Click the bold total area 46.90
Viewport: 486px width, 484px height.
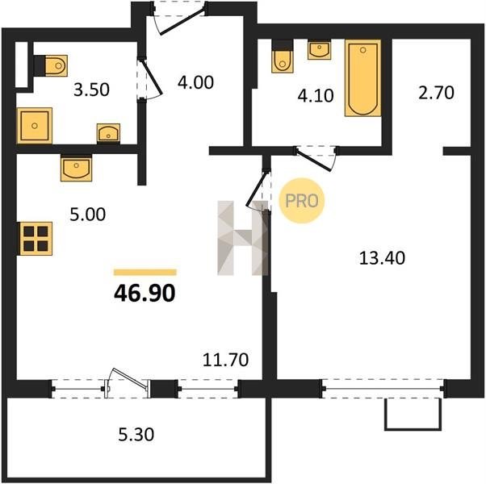[145, 294]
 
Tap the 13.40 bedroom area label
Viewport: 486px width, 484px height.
[382, 258]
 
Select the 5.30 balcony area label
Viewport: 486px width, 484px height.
[136, 434]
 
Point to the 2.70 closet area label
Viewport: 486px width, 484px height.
[436, 93]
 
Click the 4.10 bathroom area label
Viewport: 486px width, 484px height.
[316, 95]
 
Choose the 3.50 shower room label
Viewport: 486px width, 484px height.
[91, 90]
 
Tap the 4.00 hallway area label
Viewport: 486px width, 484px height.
[195, 82]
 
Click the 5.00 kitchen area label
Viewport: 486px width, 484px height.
[88, 215]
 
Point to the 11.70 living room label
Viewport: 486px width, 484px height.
[226, 360]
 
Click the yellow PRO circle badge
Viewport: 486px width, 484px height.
[302, 201]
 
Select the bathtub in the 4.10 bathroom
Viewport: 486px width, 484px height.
[363, 77]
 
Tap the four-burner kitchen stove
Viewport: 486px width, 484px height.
[36, 239]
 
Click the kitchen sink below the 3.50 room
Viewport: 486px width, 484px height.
[76, 168]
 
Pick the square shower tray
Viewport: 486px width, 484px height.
[35, 126]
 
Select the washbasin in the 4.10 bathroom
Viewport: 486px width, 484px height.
[319, 49]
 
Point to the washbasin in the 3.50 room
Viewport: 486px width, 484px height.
[108, 133]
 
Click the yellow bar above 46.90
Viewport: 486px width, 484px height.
[145, 272]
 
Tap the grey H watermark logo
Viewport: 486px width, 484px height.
[243, 238]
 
